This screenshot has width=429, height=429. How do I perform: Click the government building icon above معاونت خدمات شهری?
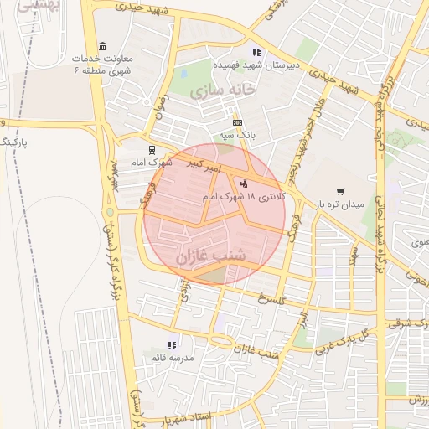coord(103,44)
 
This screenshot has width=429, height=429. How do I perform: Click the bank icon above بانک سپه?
coord(237,122)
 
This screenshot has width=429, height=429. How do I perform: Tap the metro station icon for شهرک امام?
coord(151,150)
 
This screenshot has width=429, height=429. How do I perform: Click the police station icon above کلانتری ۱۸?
coord(244,183)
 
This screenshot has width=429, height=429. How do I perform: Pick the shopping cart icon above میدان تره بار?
coord(340,191)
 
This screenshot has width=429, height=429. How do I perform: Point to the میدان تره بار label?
coord(341,204)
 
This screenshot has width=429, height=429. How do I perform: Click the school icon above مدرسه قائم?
coord(172,344)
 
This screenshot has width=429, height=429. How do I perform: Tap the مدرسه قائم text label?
coord(173,358)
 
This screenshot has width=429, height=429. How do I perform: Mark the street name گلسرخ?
coord(272,299)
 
